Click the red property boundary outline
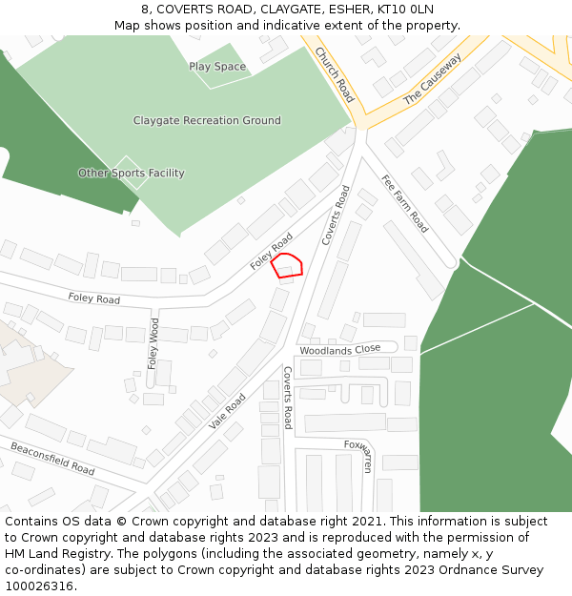287,266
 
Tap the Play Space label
217,67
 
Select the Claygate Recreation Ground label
207,121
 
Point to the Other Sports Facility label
132,174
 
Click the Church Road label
335,74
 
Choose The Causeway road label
432,79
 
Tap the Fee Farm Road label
404,203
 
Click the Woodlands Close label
339,349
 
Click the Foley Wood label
153,343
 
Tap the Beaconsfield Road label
52,459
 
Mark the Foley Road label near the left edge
93,299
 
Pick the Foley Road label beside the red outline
272,251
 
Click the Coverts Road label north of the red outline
337,216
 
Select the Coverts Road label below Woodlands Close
287,398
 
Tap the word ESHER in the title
325,10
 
